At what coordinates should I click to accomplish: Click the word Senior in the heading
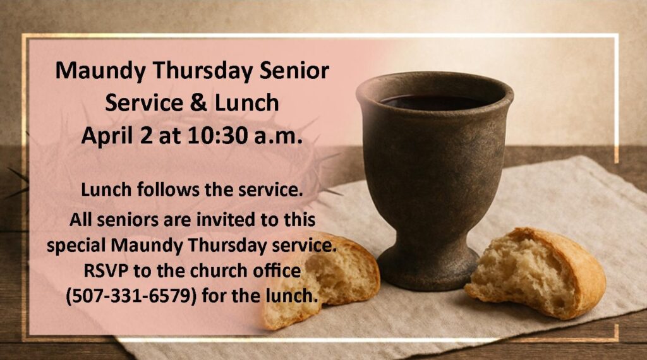pyautogui.click(x=294, y=71)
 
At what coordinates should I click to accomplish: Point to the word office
pyautogui.click(x=276, y=271)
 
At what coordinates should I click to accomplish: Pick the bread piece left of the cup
pyautogui.click(x=322, y=280)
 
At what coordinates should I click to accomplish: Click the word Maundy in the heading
pyautogui.click(x=100, y=71)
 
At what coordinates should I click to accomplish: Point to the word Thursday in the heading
pyautogui.click(x=202, y=71)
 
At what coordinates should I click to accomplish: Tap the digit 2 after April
pyautogui.click(x=146, y=136)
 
